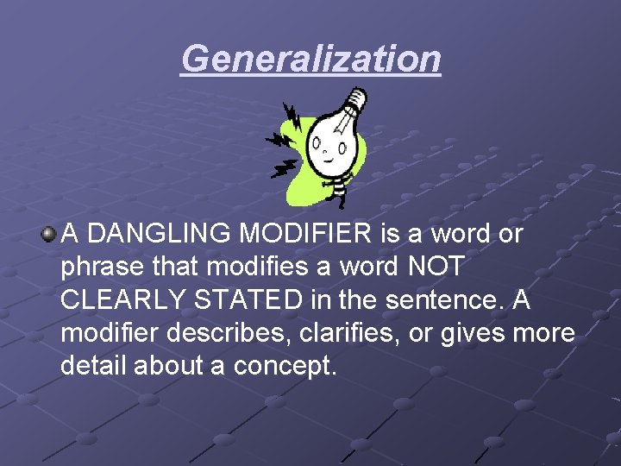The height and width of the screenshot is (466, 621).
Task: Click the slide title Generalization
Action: click(310, 60)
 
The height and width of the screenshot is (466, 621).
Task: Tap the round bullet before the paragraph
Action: click(50, 234)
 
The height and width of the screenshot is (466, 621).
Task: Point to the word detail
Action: click(92, 365)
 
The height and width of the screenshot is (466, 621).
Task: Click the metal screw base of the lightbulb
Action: click(351, 104)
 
